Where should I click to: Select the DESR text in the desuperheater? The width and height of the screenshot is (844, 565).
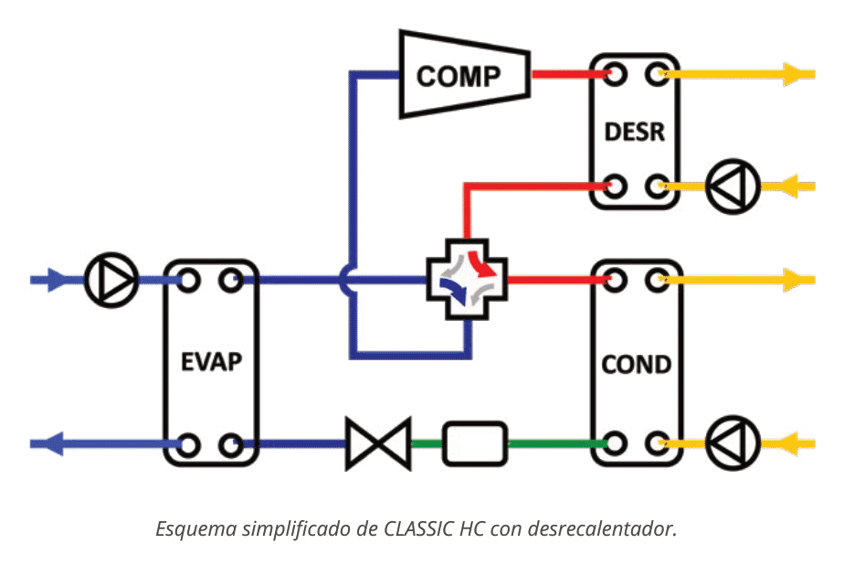pos(635,131)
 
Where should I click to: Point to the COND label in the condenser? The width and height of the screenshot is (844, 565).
pos(636,365)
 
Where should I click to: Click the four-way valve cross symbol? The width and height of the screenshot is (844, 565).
pos(467,280)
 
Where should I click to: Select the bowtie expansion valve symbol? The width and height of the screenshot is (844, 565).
pos(378,445)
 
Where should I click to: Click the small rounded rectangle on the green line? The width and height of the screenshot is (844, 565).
pos(474,445)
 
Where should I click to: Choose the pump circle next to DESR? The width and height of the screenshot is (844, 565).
pos(732,187)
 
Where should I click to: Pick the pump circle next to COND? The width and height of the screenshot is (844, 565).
pos(732,444)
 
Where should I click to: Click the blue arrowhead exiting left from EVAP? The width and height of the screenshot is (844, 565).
pos(53,445)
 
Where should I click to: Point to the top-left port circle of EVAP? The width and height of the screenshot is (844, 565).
pos(188,280)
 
